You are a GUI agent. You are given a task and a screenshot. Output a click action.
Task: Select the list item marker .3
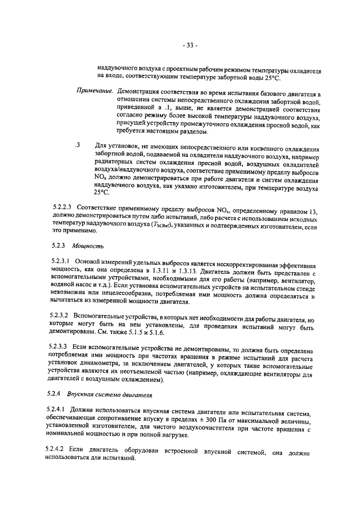[x=78, y=145]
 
